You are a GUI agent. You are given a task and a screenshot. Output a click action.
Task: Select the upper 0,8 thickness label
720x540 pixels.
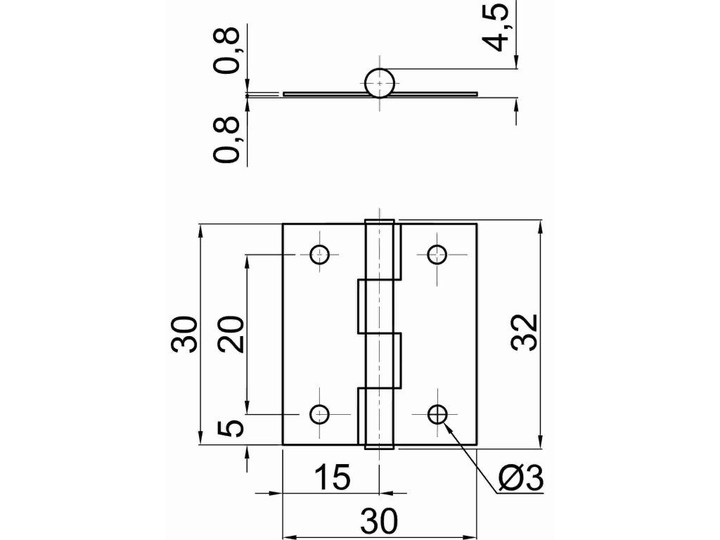[227, 51]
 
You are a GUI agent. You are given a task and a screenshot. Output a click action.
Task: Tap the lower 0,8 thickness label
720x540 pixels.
[227, 140]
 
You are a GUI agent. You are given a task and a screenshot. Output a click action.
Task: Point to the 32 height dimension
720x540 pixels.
[524, 333]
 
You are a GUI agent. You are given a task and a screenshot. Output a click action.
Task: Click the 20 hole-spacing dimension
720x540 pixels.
[231, 334]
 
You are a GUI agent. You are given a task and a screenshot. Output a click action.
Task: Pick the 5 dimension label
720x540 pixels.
[231, 428]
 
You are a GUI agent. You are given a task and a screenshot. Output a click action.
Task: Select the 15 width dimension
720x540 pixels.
[332, 477]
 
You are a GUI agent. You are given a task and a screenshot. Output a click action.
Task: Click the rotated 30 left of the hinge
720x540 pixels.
[185, 334]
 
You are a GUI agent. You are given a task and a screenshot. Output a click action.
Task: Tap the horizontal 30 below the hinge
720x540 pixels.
[379, 521]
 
